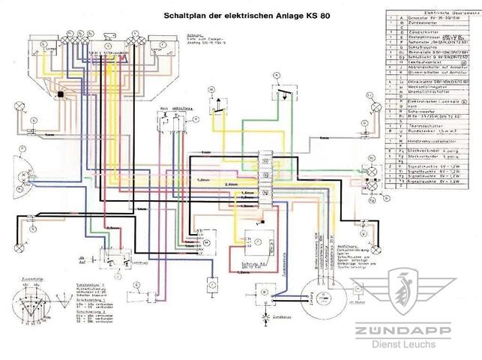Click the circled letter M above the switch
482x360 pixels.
click(211, 85)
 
